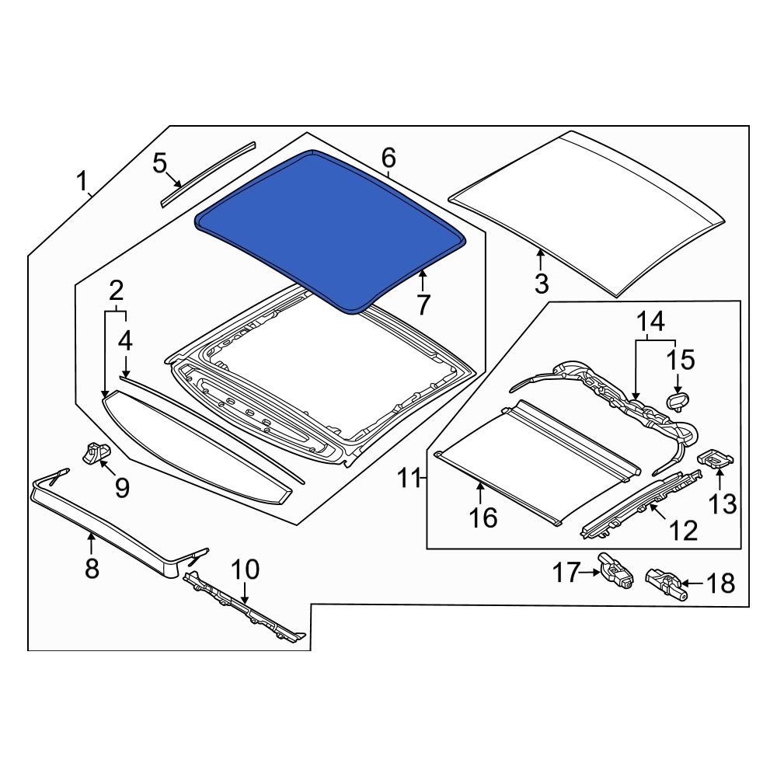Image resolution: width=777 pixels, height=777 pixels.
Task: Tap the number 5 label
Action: click(159, 164)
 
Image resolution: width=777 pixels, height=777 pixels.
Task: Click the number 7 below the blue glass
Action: click(422, 305)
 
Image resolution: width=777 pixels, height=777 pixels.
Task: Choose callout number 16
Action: click(483, 517)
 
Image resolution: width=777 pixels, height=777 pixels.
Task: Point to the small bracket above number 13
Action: click(716, 459)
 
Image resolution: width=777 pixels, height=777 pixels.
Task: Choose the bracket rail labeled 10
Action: click(245, 610)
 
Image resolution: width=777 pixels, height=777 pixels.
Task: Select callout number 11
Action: click(409, 478)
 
